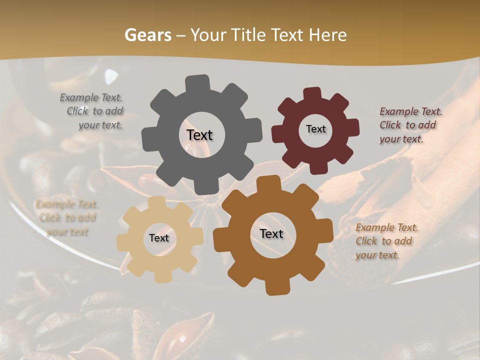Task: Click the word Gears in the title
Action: [147, 35]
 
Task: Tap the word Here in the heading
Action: [328, 35]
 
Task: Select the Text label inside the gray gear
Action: [199, 135]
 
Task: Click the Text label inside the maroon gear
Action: [315, 129]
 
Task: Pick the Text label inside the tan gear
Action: [159, 238]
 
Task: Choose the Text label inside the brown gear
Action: [271, 233]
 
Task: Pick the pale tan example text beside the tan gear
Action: [66, 218]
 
